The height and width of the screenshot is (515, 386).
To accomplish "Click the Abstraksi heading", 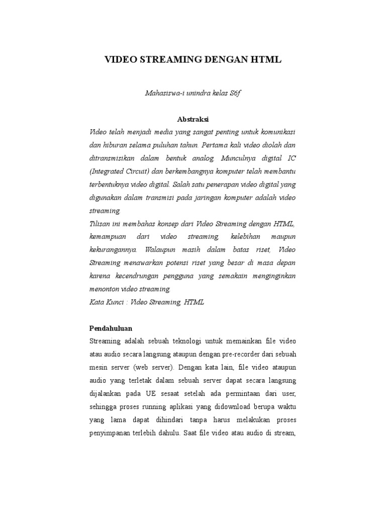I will point(192,119).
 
